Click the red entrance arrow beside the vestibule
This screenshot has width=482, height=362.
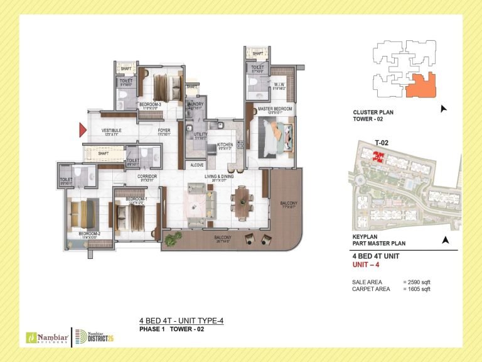tap(82, 130)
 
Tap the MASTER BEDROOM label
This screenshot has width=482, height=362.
tap(274, 109)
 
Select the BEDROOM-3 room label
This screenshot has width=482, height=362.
tap(151, 104)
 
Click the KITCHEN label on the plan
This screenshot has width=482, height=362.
tap(225, 145)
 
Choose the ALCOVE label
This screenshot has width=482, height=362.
tap(196, 166)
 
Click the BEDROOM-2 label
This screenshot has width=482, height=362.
tap(88, 233)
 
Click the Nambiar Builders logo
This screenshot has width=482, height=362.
tap(43, 336)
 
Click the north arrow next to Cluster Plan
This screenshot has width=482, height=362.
tap(444, 109)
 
